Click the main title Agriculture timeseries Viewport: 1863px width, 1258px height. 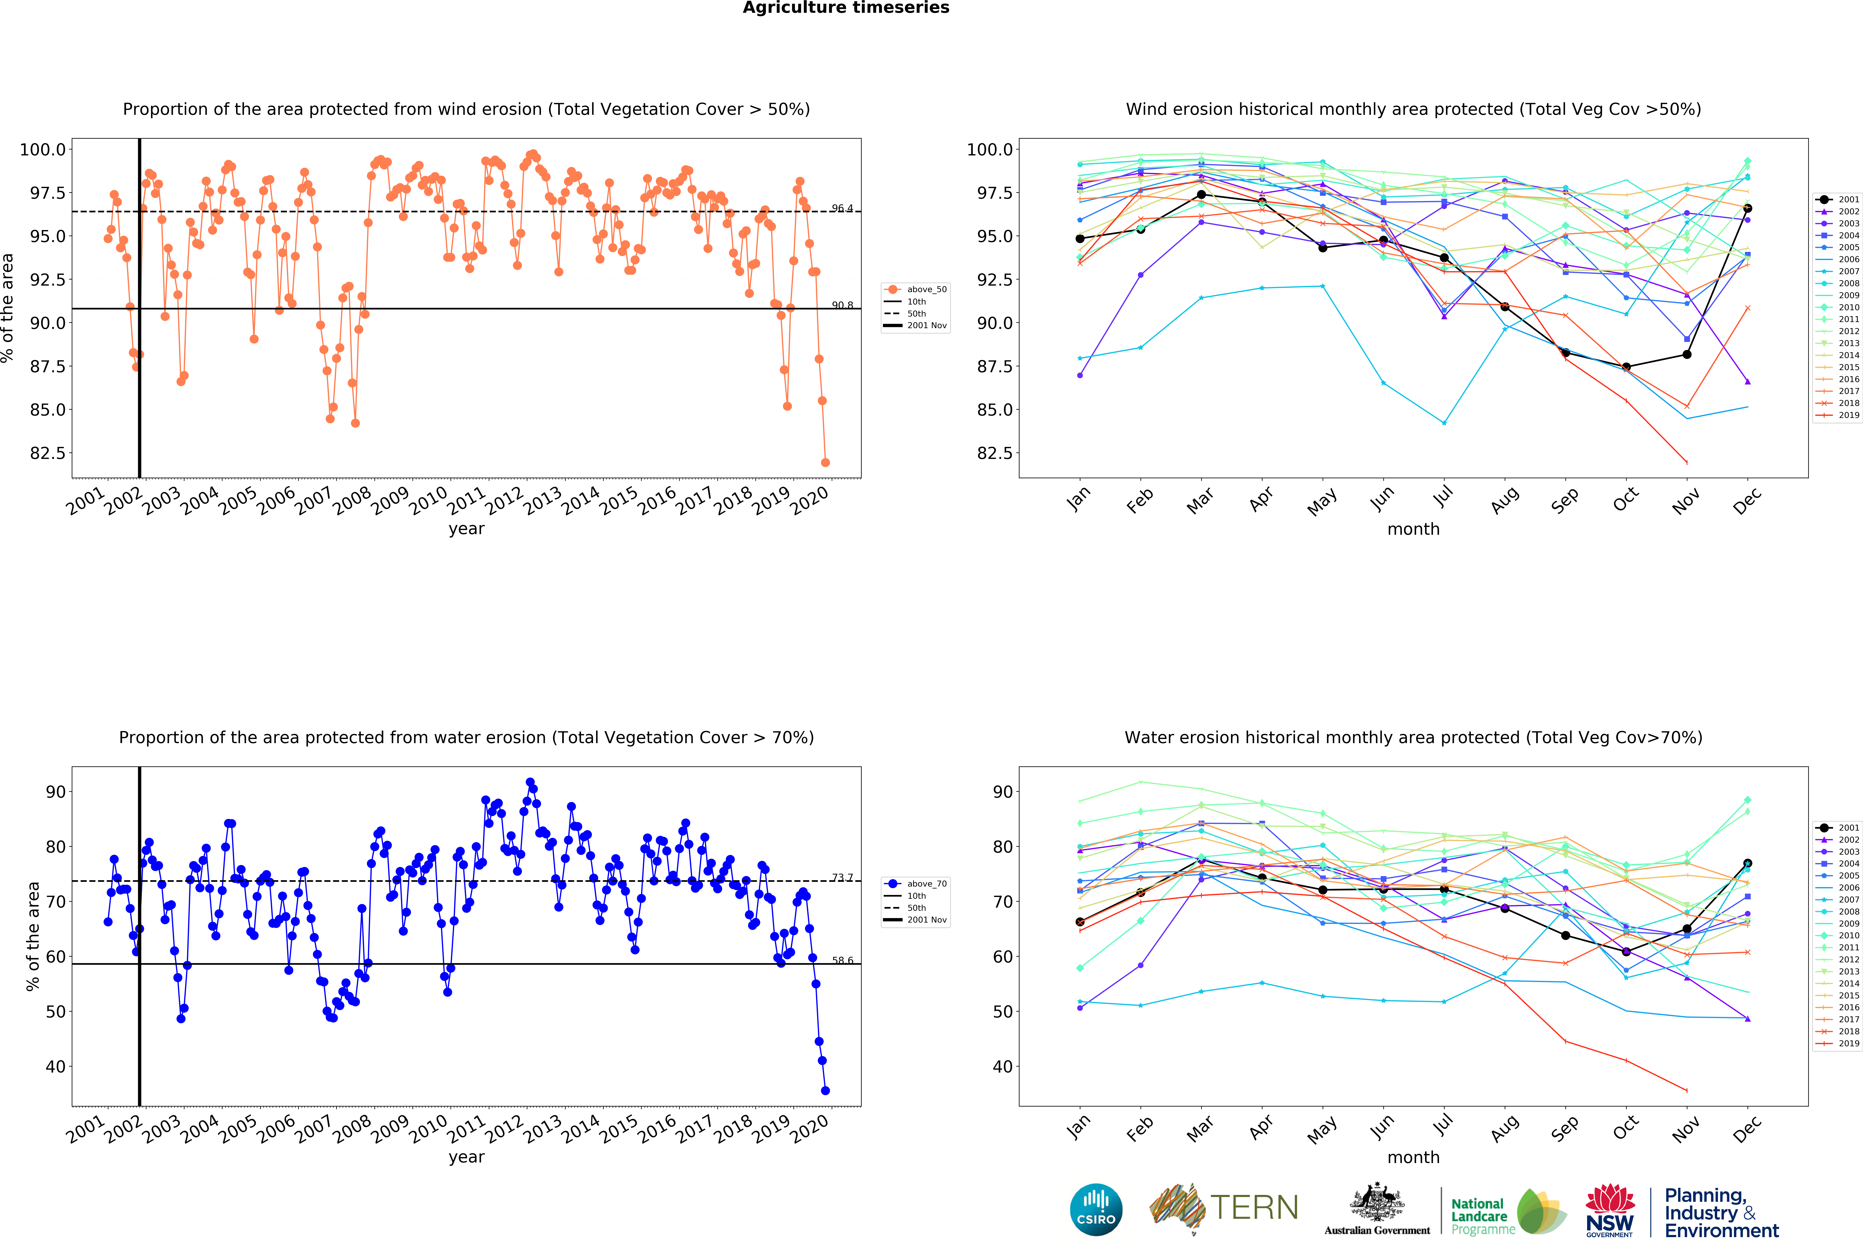(846, 8)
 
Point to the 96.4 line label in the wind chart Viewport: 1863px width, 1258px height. (842, 208)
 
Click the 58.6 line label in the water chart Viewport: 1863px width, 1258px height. (842, 960)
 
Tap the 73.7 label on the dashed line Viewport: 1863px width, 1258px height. (842, 877)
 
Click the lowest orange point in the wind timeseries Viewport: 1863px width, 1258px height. (825, 462)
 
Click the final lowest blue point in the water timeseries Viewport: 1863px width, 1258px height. (825, 1091)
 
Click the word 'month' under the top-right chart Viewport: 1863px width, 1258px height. (1413, 529)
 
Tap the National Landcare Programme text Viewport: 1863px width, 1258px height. (1482, 1216)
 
